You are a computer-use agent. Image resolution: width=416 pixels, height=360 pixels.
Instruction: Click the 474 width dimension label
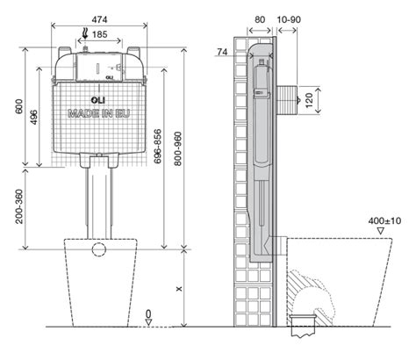point(99,19)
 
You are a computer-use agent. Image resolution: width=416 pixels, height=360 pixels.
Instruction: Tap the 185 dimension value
point(99,34)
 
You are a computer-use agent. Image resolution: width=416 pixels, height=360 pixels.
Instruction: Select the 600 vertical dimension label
point(19,107)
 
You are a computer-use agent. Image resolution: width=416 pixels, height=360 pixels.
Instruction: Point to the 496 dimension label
point(34,117)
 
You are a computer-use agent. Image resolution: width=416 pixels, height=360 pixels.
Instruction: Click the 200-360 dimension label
point(19,206)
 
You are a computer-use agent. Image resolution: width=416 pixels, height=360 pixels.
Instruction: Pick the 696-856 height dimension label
point(158,146)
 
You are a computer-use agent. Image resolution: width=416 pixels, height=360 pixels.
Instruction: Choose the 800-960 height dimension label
point(178,149)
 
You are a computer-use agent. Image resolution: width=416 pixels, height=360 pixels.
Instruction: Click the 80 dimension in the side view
point(260,19)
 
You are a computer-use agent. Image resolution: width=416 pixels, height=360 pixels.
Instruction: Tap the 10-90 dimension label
point(289,19)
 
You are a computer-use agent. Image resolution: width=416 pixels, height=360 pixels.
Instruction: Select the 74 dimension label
point(222,52)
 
